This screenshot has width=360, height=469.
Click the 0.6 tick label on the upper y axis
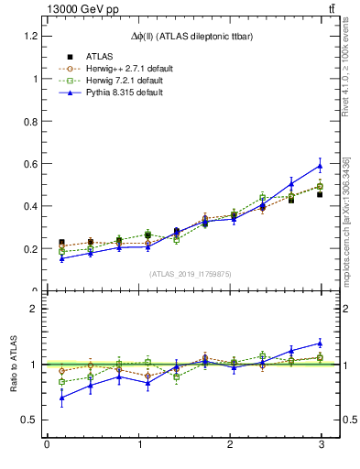coord(30,164)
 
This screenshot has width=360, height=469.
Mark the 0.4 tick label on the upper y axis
coord(30,206)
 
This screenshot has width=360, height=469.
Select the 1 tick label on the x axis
coord(138,445)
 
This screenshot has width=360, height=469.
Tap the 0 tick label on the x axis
coord(47,445)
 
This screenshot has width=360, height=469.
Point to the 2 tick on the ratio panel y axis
coord(34,309)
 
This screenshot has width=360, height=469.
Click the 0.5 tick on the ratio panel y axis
coord(30,420)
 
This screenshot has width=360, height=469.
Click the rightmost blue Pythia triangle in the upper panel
coord(320,166)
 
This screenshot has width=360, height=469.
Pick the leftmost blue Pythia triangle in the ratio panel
coord(61,398)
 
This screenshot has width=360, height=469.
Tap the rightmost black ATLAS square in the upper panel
coord(320,194)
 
